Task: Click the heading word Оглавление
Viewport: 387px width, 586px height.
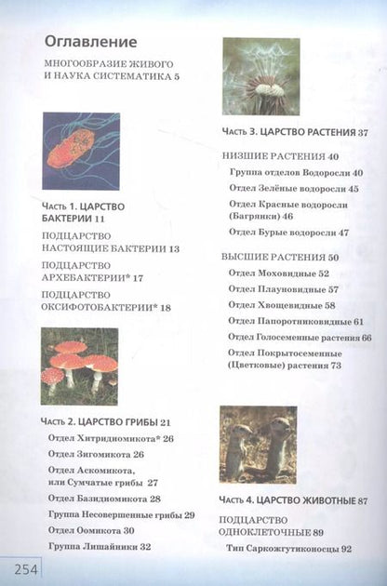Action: (x=90, y=43)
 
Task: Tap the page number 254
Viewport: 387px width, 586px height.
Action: (x=19, y=566)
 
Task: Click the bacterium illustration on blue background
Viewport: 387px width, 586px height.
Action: (x=81, y=151)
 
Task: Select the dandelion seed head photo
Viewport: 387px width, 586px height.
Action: (x=260, y=75)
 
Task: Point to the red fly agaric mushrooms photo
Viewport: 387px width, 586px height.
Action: (x=79, y=366)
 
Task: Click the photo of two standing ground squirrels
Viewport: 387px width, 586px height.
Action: (x=258, y=444)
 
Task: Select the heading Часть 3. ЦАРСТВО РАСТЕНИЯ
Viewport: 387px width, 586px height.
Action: (x=296, y=132)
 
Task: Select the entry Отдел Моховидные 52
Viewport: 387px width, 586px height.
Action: (x=279, y=273)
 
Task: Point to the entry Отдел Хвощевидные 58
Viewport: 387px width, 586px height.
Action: (x=282, y=304)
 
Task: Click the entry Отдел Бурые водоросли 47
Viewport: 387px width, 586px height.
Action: (x=288, y=233)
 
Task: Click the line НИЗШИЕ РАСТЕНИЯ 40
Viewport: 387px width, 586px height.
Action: (x=281, y=156)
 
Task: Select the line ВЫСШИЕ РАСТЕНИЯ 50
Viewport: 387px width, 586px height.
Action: (x=280, y=256)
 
